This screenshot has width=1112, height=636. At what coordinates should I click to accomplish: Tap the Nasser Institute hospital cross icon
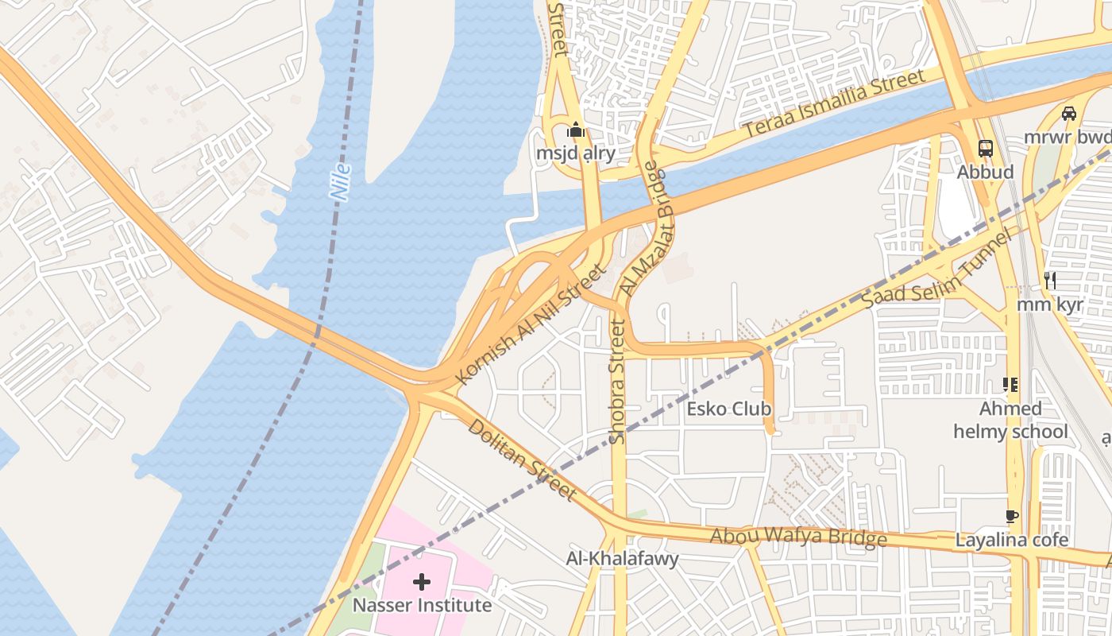(x=421, y=582)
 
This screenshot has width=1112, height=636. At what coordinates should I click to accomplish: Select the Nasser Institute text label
(x=422, y=605)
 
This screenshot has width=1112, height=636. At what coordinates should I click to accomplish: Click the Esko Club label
(x=728, y=409)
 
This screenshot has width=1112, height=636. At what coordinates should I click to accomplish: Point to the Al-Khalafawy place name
(x=622, y=559)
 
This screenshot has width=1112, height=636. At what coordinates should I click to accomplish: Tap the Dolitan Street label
(x=521, y=460)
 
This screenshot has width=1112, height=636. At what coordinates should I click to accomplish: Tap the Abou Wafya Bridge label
(x=797, y=537)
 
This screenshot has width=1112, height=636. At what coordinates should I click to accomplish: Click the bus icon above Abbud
(x=985, y=149)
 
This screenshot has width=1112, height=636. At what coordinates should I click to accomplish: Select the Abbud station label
(x=985, y=172)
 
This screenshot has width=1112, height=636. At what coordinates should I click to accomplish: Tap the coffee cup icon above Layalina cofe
(x=1011, y=517)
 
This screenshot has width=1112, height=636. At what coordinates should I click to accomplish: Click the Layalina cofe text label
(x=1011, y=540)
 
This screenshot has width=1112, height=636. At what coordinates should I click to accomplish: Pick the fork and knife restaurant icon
(x=1050, y=280)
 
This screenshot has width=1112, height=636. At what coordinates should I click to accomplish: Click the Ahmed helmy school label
(x=1010, y=421)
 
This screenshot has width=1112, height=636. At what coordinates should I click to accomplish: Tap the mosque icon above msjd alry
(x=576, y=130)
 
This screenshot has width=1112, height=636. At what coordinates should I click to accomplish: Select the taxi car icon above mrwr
(x=1069, y=113)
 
